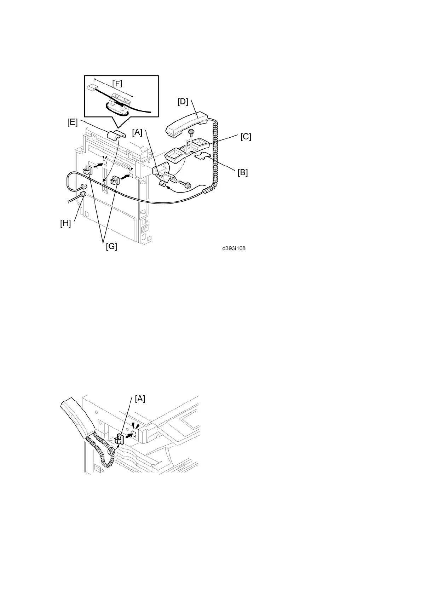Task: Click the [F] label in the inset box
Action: pos(117,84)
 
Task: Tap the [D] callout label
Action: pos(183,102)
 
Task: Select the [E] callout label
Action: pos(73,122)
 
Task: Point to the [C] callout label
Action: pos(246,137)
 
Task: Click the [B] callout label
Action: pos(242,172)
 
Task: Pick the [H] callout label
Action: pos(65,223)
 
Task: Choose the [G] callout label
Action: pos(111,246)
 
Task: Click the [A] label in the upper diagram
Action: pos(137,132)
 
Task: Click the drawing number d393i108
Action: pos(234,248)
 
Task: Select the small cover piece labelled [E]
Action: pos(116,135)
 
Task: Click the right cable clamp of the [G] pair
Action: pos(115,180)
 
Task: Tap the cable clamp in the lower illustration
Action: pos(120,440)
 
